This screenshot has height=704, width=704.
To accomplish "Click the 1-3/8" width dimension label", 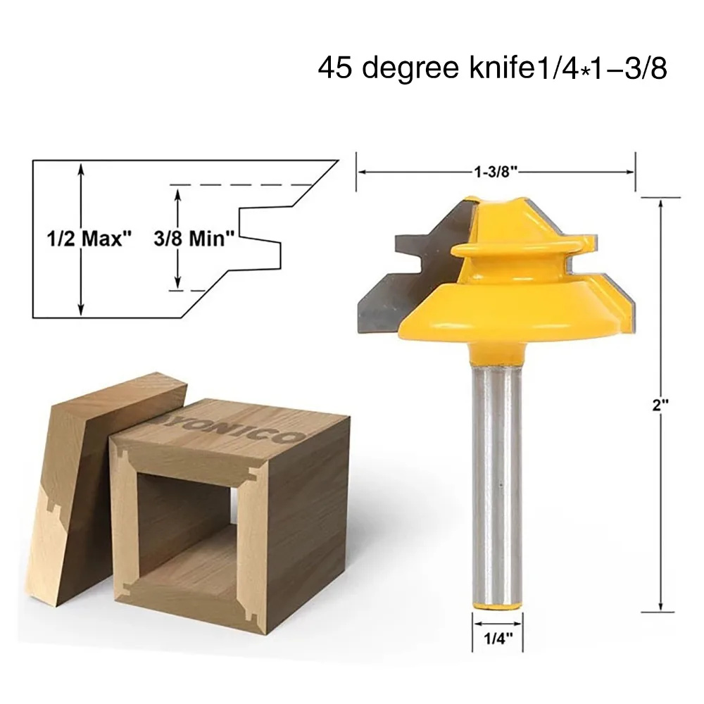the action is click(496, 172).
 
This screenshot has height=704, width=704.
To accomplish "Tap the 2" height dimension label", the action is click(660, 406).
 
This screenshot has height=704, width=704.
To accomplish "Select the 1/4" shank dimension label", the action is click(498, 638).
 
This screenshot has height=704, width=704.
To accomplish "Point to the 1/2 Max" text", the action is click(89, 239).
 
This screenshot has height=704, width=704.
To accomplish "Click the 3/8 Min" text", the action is click(194, 239).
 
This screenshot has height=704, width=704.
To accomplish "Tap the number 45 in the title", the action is click(335, 68).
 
